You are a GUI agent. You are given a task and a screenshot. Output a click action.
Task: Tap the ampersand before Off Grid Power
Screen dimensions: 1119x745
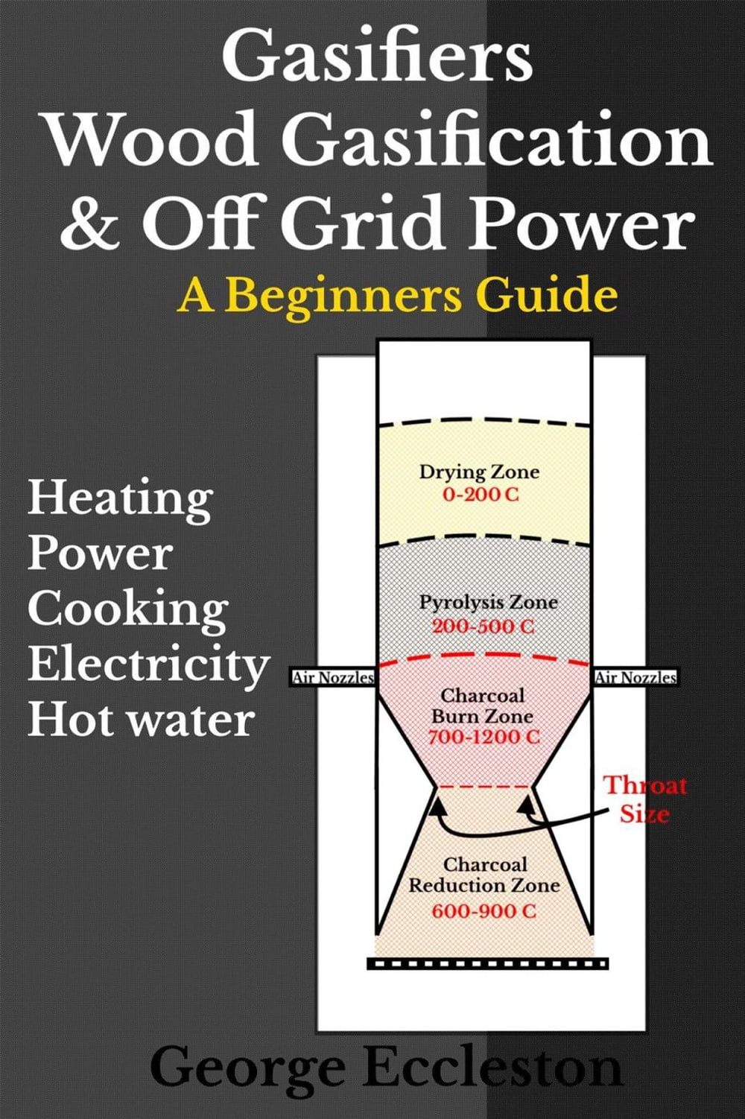pos(90,224)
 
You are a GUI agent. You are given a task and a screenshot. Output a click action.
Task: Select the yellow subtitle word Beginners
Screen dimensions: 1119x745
pos(343,295)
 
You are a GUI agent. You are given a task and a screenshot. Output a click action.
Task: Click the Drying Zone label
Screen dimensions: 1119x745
pos(479,472)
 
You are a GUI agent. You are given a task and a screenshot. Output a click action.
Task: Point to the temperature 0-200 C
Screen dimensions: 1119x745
pos(481,494)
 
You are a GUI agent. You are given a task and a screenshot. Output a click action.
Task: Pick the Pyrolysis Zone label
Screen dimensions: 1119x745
pos(488,602)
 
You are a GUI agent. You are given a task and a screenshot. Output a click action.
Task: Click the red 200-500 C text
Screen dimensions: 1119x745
pos(484,626)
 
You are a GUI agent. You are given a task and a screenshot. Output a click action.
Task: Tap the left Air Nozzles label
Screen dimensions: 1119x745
pos(332,677)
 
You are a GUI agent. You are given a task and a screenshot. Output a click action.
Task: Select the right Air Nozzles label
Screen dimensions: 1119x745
pos(635,677)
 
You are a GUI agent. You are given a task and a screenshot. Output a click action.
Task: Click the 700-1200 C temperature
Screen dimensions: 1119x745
pos(484,737)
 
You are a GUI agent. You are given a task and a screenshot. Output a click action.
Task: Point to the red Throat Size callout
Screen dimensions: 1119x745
pos(644,799)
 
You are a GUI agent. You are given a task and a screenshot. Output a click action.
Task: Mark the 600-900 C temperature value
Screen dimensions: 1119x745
pos(484,910)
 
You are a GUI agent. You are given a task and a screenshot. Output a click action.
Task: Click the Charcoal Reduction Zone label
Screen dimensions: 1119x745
pos(484,875)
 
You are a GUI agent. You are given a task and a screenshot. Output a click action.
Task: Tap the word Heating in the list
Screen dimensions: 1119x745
pos(121,498)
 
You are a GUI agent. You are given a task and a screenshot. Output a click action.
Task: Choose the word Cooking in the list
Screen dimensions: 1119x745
pos(128,609)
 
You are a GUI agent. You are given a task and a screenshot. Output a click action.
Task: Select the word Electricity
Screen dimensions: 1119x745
pos(149,664)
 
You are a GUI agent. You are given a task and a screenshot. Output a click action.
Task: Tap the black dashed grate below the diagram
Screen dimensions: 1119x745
pos(487,963)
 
